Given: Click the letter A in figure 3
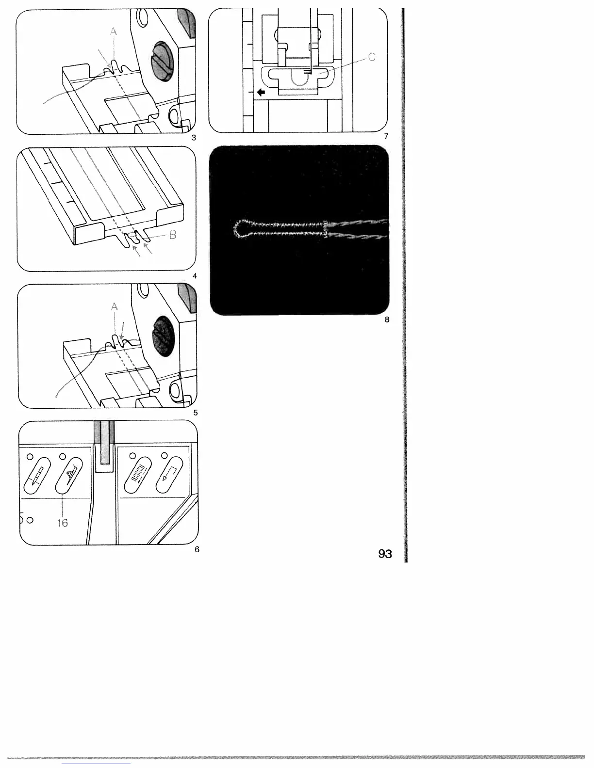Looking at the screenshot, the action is [x=114, y=32].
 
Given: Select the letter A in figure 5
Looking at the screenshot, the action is [x=115, y=307].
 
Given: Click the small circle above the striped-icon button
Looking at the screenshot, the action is [x=132, y=455].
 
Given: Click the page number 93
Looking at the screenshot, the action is [x=385, y=554].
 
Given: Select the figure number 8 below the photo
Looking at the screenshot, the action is [x=387, y=320].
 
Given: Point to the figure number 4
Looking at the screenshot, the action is [x=195, y=276].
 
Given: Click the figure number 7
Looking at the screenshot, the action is [x=386, y=136].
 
